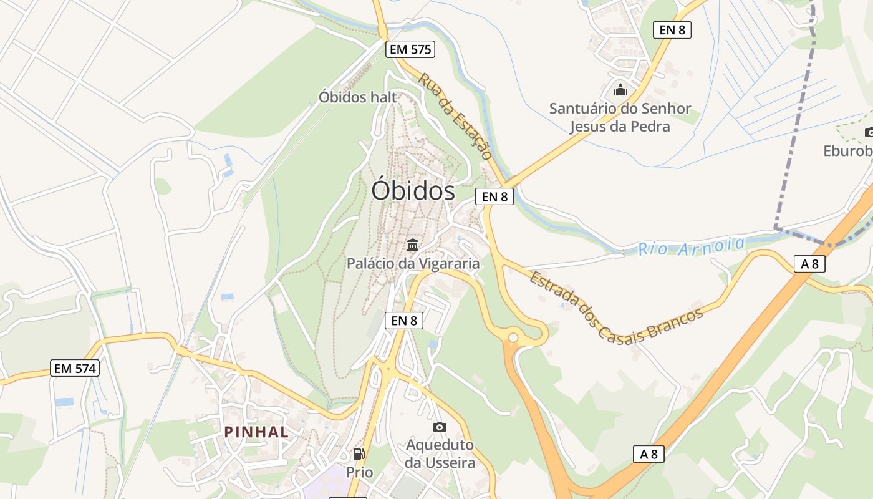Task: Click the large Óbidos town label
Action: point(413,190)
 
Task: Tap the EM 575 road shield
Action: point(410,50)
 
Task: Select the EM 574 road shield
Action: point(75,369)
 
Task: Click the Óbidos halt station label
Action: point(357,97)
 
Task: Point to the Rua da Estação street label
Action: point(455,116)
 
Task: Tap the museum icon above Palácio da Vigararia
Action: point(413,245)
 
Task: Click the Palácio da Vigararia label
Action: point(413,263)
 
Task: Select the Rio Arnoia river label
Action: point(691,246)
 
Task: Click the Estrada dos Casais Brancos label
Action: point(615,306)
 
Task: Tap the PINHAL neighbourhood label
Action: point(256,432)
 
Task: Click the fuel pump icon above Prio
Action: point(359,454)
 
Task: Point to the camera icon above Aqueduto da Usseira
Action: point(440,427)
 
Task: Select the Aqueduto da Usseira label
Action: point(440,454)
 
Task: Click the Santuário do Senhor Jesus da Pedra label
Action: point(620,117)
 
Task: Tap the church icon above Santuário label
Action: point(620,90)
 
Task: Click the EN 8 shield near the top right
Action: point(672,30)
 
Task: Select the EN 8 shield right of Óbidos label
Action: point(494,196)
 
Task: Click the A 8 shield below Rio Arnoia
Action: point(809,264)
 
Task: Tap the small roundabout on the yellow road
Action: point(513,338)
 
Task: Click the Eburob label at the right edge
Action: point(847,151)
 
